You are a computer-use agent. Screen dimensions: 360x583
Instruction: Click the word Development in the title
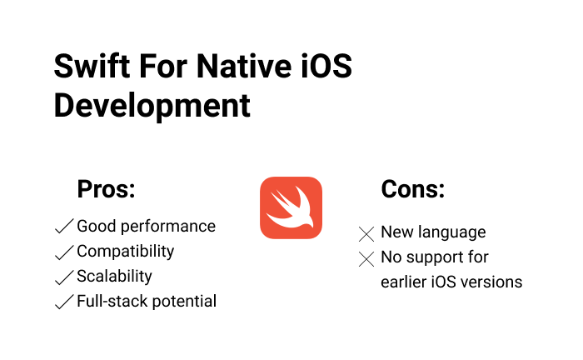pyautogui.click(x=152, y=106)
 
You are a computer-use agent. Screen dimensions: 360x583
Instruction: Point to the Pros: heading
pyautogui.click(x=106, y=189)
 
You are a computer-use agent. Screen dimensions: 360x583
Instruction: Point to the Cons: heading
pyautogui.click(x=412, y=189)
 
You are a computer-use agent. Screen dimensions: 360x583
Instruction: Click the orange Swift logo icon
pyautogui.click(x=291, y=208)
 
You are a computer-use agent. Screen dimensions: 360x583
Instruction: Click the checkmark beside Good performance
pyautogui.click(x=63, y=227)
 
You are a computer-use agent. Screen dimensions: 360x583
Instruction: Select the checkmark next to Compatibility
pyautogui.click(x=63, y=252)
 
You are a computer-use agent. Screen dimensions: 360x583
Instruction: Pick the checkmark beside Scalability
pyautogui.click(x=63, y=277)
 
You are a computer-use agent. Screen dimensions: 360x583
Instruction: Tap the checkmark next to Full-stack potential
pyautogui.click(x=63, y=302)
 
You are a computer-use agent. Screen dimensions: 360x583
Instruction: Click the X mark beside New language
pyautogui.click(x=366, y=234)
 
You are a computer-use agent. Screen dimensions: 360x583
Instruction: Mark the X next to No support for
pyautogui.click(x=366, y=259)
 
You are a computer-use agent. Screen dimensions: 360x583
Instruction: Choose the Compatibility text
pyautogui.click(x=125, y=252)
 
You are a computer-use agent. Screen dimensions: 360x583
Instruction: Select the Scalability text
pyautogui.click(x=114, y=277)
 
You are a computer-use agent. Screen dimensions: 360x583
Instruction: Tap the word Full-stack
pyautogui.click(x=109, y=302)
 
